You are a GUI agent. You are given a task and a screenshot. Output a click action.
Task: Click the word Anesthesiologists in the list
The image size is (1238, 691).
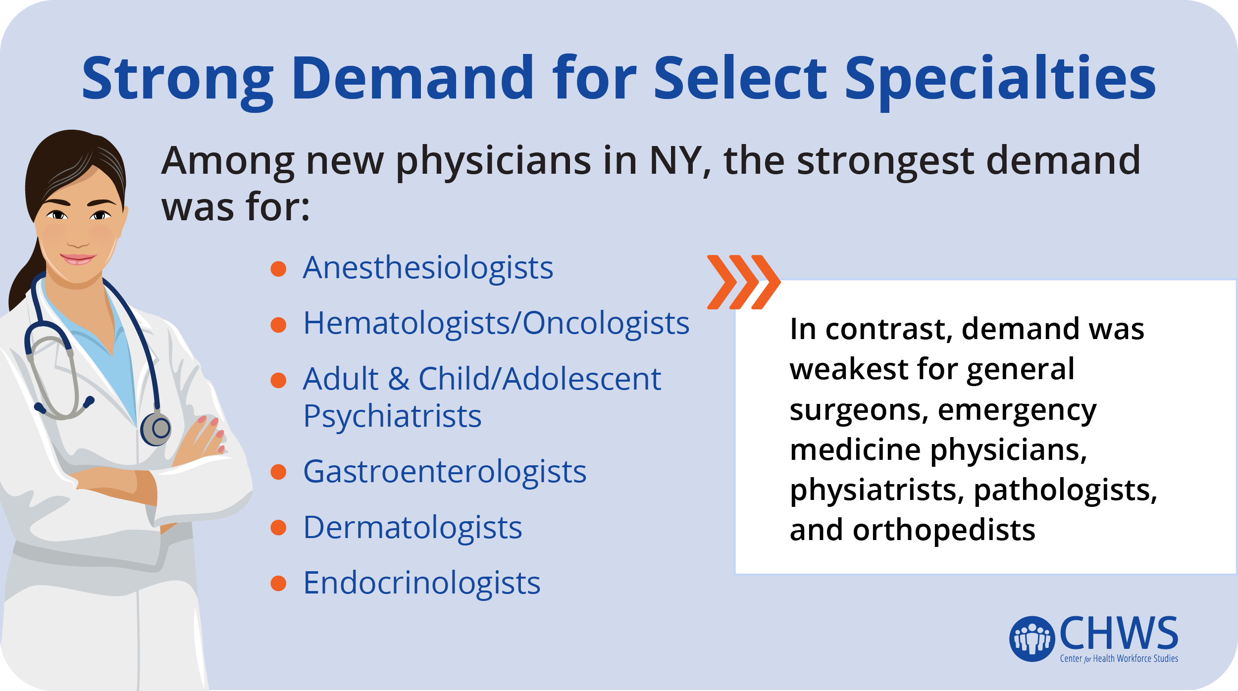428,269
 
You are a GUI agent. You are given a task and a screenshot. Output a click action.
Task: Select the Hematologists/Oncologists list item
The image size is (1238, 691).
496,323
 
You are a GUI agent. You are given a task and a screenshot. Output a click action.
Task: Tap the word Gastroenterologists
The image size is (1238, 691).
445,472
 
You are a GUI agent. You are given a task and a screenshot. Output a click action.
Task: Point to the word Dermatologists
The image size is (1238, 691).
413,528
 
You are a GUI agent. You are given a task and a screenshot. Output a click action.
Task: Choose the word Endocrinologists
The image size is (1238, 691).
421,583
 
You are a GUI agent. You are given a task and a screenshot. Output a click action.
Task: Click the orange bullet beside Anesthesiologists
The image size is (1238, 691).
278,269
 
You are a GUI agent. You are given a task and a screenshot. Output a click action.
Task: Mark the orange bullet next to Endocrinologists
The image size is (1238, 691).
278,583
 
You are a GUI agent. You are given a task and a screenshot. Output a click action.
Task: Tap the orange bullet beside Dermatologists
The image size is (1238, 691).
278,528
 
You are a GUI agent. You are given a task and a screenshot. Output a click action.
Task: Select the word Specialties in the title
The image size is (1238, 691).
1000,79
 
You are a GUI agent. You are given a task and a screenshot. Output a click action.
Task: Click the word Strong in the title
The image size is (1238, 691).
178,79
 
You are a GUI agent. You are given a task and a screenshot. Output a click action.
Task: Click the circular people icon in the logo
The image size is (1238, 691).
1032,639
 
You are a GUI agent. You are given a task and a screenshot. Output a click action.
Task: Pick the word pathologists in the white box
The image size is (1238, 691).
1065,491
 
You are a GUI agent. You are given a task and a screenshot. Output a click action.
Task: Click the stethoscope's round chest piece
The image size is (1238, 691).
156,429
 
